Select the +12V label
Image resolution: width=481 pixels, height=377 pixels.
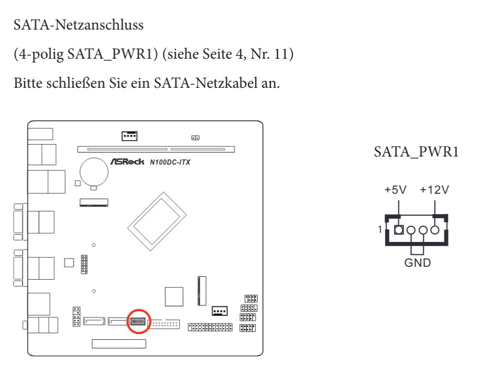(x=434, y=190)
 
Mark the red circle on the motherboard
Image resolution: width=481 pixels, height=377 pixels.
(x=139, y=321)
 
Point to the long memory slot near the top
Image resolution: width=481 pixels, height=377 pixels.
(x=156, y=149)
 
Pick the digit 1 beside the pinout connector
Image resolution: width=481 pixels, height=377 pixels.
(x=380, y=230)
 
